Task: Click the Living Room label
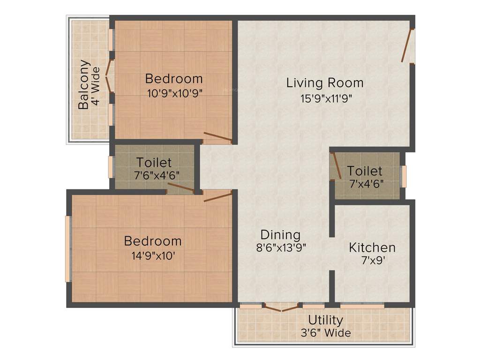click(325, 83)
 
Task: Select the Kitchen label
click(372, 247)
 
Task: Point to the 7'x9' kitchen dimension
click(372, 261)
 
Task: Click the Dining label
click(280, 234)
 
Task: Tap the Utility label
click(325, 320)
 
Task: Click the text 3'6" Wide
click(325, 333)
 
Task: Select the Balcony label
click(84, 85)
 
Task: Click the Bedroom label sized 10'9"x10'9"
click(174, 78)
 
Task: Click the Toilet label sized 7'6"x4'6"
click(154, 163)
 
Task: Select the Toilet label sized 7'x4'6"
click(365, 171)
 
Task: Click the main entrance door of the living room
click(408, 46)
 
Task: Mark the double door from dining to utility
click(281, 307)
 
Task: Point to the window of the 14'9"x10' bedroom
click(68, 248)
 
